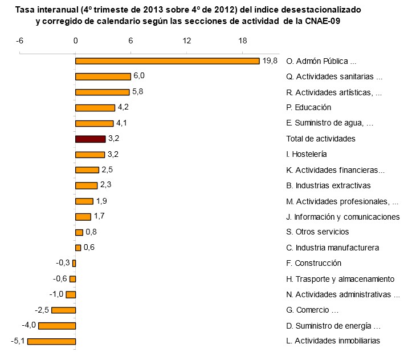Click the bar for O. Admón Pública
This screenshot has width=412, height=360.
[167, 61]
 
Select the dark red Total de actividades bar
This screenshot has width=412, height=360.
[90, 139]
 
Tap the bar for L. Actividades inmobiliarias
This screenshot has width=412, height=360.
[51, 341]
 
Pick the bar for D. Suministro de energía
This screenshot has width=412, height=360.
[56, 326]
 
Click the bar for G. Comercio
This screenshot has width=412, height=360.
[63, 310]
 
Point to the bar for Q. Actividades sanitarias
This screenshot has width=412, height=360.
[103, 76]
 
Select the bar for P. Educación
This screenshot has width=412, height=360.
[95, 107]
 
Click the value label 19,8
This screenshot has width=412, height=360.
[270, 61]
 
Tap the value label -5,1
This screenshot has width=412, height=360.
[18, 341]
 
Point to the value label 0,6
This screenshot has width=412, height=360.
[89, 248]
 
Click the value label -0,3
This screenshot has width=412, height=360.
[63, 263]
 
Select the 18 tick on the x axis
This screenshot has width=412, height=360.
[242, 42]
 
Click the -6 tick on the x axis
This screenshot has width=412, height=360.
[19, 42]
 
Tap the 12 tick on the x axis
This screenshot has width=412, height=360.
[186, 42]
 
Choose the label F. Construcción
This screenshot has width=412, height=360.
[313, 263]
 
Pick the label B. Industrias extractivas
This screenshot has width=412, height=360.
[328, 185]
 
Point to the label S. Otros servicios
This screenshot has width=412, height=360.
[317, 232]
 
